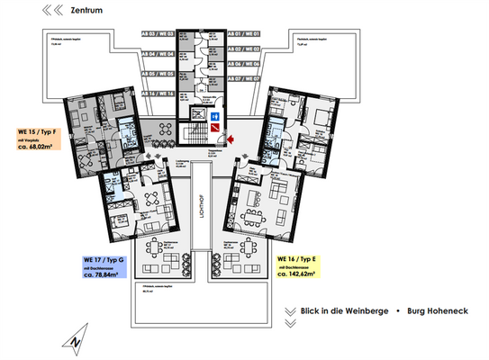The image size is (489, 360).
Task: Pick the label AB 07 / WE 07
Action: click(x=242, y=78)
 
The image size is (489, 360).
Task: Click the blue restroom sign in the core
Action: click(x=215, y=117)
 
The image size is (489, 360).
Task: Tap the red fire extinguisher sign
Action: click(x=213, y=130)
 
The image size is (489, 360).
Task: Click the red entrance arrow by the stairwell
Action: click(x=231, y=137)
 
